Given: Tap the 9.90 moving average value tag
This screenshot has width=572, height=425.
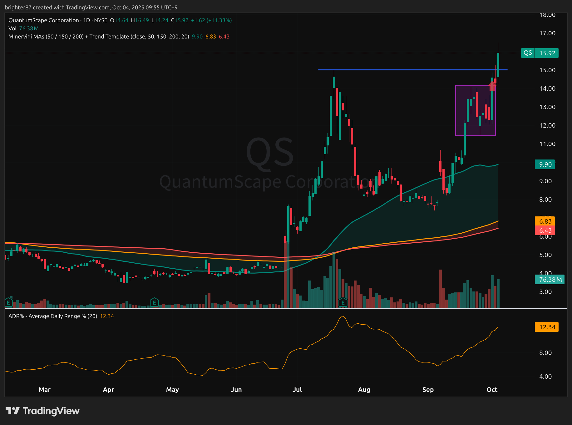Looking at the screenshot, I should (545, 164).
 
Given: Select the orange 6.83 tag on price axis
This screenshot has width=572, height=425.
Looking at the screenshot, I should (545, 221).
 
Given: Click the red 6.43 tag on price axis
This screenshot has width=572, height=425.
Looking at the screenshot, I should (545, 230).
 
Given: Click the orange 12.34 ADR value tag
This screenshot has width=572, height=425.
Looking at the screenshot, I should (547, 327).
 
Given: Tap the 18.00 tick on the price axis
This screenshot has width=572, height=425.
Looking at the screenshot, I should (547, 15).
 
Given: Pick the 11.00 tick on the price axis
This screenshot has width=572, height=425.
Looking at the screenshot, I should (547, 144).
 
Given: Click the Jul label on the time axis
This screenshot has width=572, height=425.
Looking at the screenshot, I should (297, 390).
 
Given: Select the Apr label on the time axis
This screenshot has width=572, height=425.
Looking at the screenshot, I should (108, 390).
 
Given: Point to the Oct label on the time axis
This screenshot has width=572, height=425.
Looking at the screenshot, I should (492, 390).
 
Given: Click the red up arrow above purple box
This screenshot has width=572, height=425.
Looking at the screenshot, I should (492, 86).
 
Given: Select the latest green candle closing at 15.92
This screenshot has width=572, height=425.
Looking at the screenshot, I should (498, 64).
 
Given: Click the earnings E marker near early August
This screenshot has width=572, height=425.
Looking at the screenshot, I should (343, 302).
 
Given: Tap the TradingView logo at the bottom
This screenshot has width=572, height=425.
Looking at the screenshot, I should (43, 411).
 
